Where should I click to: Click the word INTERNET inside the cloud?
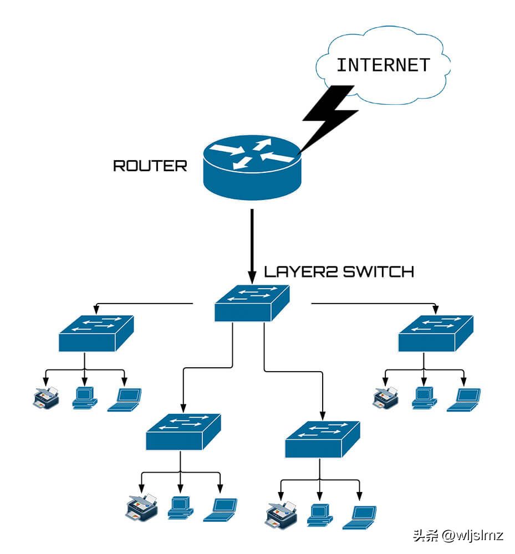tap(383, 65)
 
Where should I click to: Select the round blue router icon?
tap(252, 167)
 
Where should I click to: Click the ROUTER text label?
tap(150, 166)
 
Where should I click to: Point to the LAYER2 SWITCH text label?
tap(339, 271)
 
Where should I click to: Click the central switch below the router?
tap(252, 304)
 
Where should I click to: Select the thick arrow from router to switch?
tap(252, 247)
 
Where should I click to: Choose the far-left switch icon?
tap(96, 334)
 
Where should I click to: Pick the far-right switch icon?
tap(436, 334)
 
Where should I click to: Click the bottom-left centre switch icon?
tap(183, 432)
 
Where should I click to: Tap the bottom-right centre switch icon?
tap(323, 439)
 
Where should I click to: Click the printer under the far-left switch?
tap(46, 398)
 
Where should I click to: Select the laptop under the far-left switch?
tap(124, 399)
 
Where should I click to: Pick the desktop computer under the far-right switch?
tap(424, 398)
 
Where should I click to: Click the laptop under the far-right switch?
tap(464, 399)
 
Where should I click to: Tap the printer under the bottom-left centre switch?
tap(142, 507)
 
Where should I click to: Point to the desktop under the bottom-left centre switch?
tap(180, 507)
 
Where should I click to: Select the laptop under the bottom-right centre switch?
tap(359, 517)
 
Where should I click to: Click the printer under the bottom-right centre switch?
tap(281, 515)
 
